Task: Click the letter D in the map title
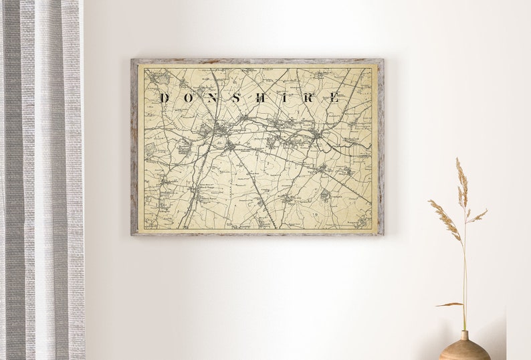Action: pyautogui.click(x=164, y=98)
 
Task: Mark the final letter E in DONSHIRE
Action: pyautogui.click(x=333, y=98)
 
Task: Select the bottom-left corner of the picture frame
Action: pyautogui.click(x=132, y=234)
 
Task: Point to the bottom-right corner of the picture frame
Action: pyautogui.click(x=383, y=234)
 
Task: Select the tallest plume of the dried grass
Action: pyautogui.click(x=461, y=181)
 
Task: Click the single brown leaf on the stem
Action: pyautogui.click(x=449, y=304)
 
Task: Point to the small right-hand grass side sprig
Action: pyautogui.click(x=477, y=216)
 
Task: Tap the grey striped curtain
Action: pyautogui.click(x=40, y=181)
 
